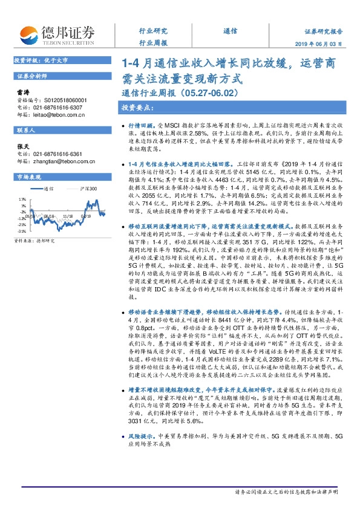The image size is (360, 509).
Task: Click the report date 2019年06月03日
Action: (324, 44)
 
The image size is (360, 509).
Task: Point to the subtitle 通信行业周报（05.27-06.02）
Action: (173, 93)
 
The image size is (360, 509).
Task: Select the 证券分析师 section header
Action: (31, 76)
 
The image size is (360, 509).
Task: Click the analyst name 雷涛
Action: (23, 91)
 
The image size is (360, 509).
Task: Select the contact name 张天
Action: (23, 146)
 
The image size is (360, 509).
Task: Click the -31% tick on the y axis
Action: (21, 231)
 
